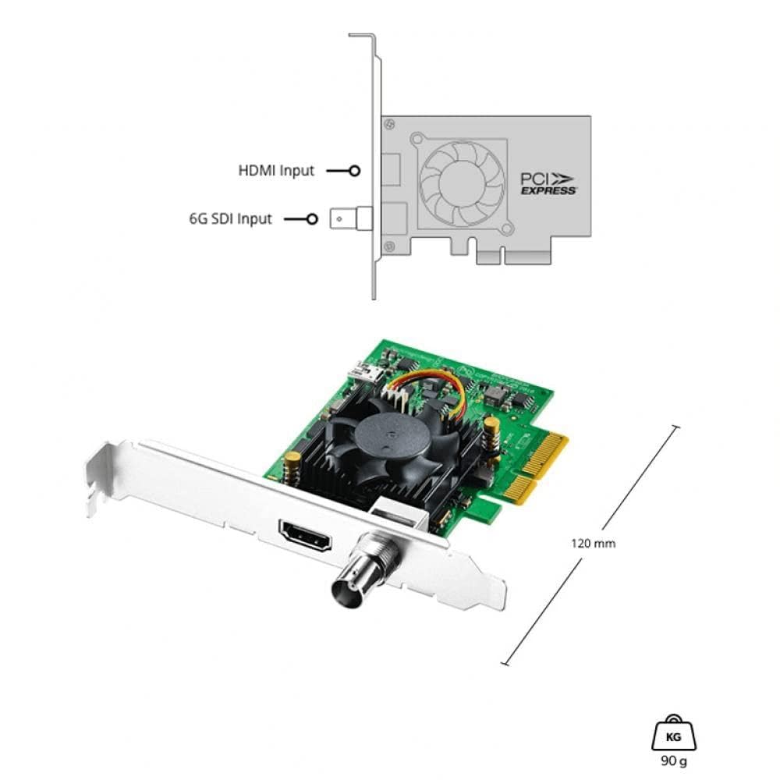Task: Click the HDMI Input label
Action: pyautogui.click(x=276, y=170)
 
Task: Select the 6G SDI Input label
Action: pyautogui.click(x=230, y=219)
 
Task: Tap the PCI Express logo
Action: pyautogui.click(x=548, y=183)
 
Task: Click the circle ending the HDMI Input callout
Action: pyautogui.click(x=355, y=170)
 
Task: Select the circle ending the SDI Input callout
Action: pyautogui.click(x=313, y=219)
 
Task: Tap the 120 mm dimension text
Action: pyautogui.click(x=594, y=543)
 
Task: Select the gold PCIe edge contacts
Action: pyautogui.click(x=538, y=468)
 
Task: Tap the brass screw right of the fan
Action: pyautogui.click(x=492, y=428)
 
